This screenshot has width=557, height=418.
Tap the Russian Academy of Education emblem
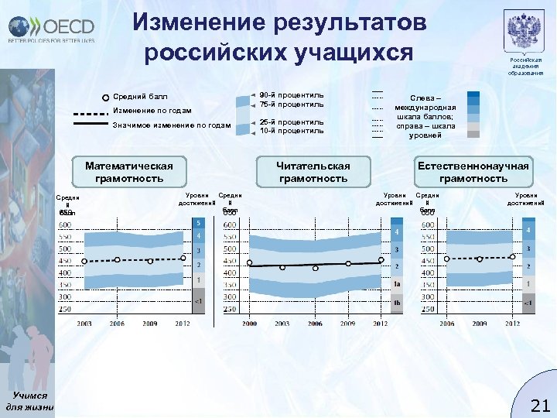(525, 32)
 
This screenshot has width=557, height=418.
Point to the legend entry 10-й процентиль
(291, 131)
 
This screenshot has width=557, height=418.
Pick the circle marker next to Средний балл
(106, 98)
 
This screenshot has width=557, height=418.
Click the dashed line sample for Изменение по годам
(91, 111)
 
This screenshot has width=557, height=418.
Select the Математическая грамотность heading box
(128, 172)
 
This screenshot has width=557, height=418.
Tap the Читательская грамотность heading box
(313, 172)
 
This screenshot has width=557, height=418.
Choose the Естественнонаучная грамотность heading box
(473, 172)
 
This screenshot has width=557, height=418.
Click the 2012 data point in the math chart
(183, 258)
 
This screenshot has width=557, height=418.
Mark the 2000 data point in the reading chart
(249, 263)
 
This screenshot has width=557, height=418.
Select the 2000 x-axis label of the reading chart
(249, 323)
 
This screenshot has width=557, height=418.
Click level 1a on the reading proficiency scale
(396, 285)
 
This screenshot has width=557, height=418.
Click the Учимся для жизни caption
(29, 401)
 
